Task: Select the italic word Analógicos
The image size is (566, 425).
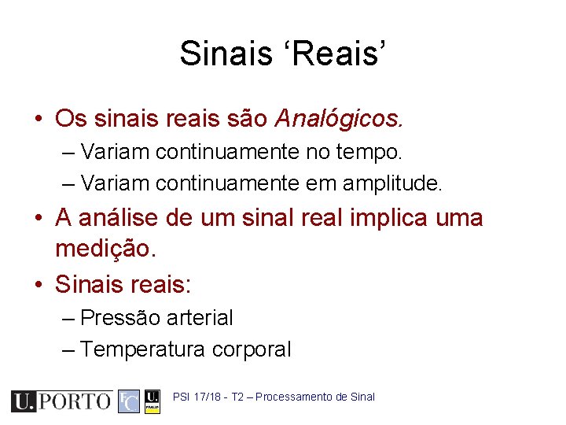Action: pos(339,119)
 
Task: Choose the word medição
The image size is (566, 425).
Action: pos(106,249)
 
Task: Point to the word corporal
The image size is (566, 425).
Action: pos(252,349)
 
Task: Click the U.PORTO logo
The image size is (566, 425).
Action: pos(61,401)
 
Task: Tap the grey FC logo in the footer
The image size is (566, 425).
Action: pos(128,401)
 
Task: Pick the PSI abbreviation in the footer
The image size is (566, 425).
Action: pos(181,397)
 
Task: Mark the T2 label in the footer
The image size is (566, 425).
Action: pos(237,397)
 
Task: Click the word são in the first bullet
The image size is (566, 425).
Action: pos(245,119)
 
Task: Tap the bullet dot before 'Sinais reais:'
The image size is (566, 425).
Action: pos(39,285)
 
